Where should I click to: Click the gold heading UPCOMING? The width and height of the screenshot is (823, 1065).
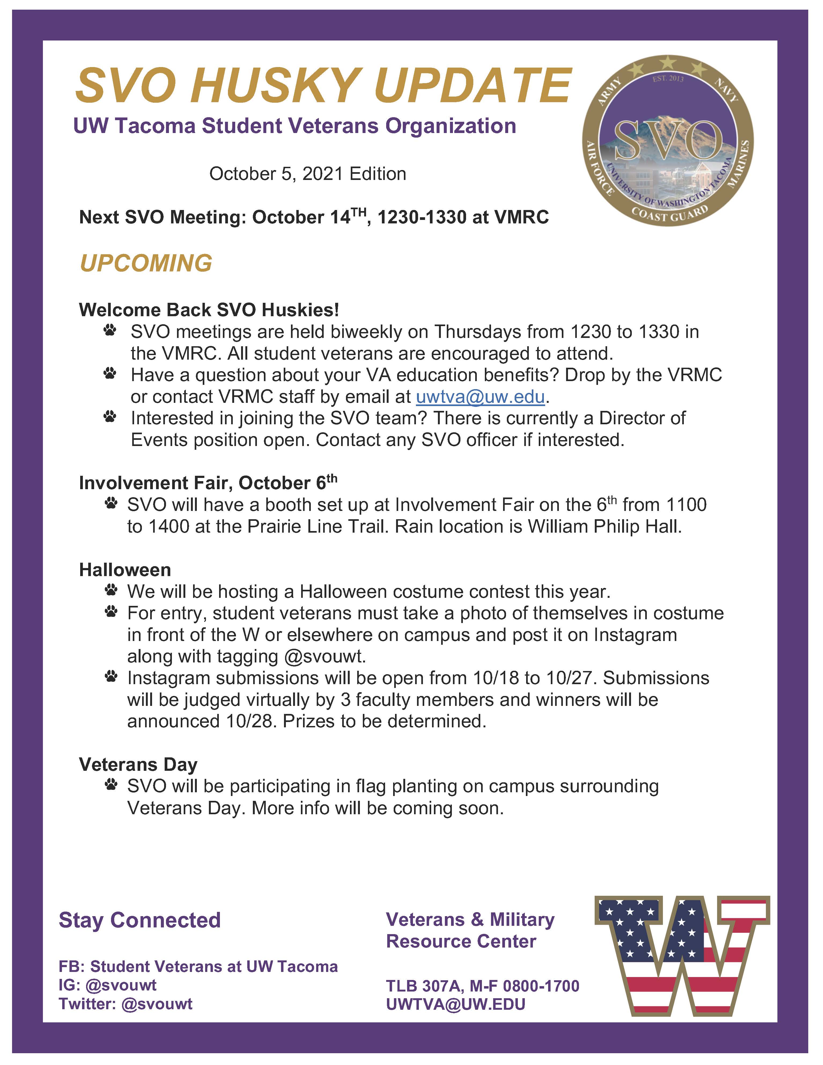[146, 263]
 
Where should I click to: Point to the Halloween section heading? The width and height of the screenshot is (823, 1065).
[125, 570]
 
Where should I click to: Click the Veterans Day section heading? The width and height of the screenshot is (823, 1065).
[138, 764]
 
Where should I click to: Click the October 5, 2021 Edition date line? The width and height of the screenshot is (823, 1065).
[308, 174]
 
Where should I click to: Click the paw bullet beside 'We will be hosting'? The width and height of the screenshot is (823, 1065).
[111, 591]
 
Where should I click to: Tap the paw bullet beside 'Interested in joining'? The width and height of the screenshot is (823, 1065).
[110, 417]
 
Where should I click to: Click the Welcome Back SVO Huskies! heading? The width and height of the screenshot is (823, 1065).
[209, 310]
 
